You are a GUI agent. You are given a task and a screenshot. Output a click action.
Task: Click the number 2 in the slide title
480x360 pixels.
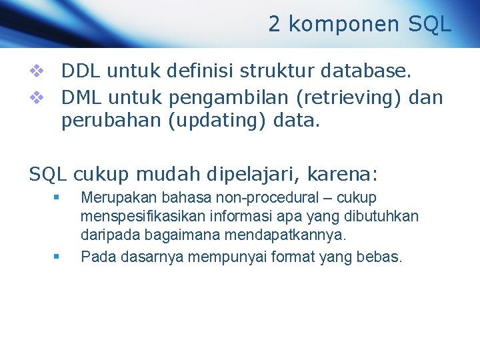click(x=275, y=25)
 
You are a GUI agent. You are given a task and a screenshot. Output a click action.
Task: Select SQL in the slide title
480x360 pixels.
click(x=429, y=25)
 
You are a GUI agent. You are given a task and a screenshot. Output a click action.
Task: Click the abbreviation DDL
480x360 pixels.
click(x=81, y=70)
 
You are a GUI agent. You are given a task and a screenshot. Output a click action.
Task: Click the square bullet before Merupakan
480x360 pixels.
click(x=57, y=197)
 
